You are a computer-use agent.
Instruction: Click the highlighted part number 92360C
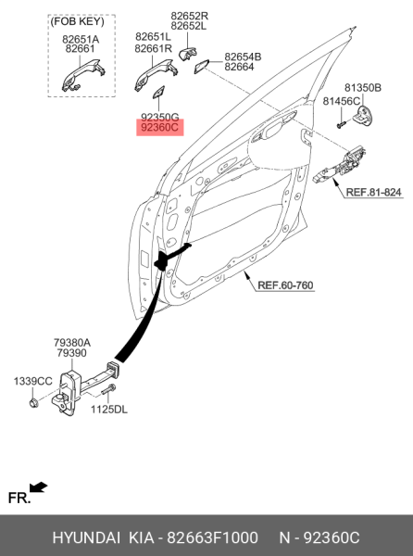160,130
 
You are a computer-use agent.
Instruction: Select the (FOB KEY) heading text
81,19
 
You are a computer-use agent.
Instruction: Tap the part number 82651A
81,40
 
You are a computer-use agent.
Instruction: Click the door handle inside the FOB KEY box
81,78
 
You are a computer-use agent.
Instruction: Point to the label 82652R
189,16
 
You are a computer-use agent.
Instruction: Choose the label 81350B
363,87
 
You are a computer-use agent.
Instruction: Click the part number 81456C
342,100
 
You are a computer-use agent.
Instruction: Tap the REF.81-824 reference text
373,192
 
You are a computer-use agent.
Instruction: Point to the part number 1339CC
32,381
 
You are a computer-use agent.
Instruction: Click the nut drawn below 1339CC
33,401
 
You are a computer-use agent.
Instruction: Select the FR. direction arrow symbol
38,486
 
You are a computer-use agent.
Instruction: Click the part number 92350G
160,118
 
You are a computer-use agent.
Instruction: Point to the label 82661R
153,48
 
